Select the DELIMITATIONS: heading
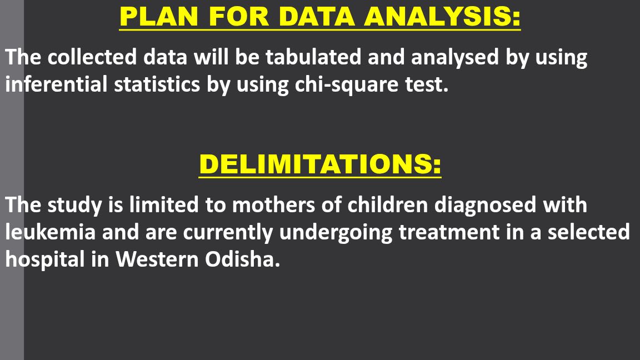coord(320,164)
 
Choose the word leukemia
coord(50,232)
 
